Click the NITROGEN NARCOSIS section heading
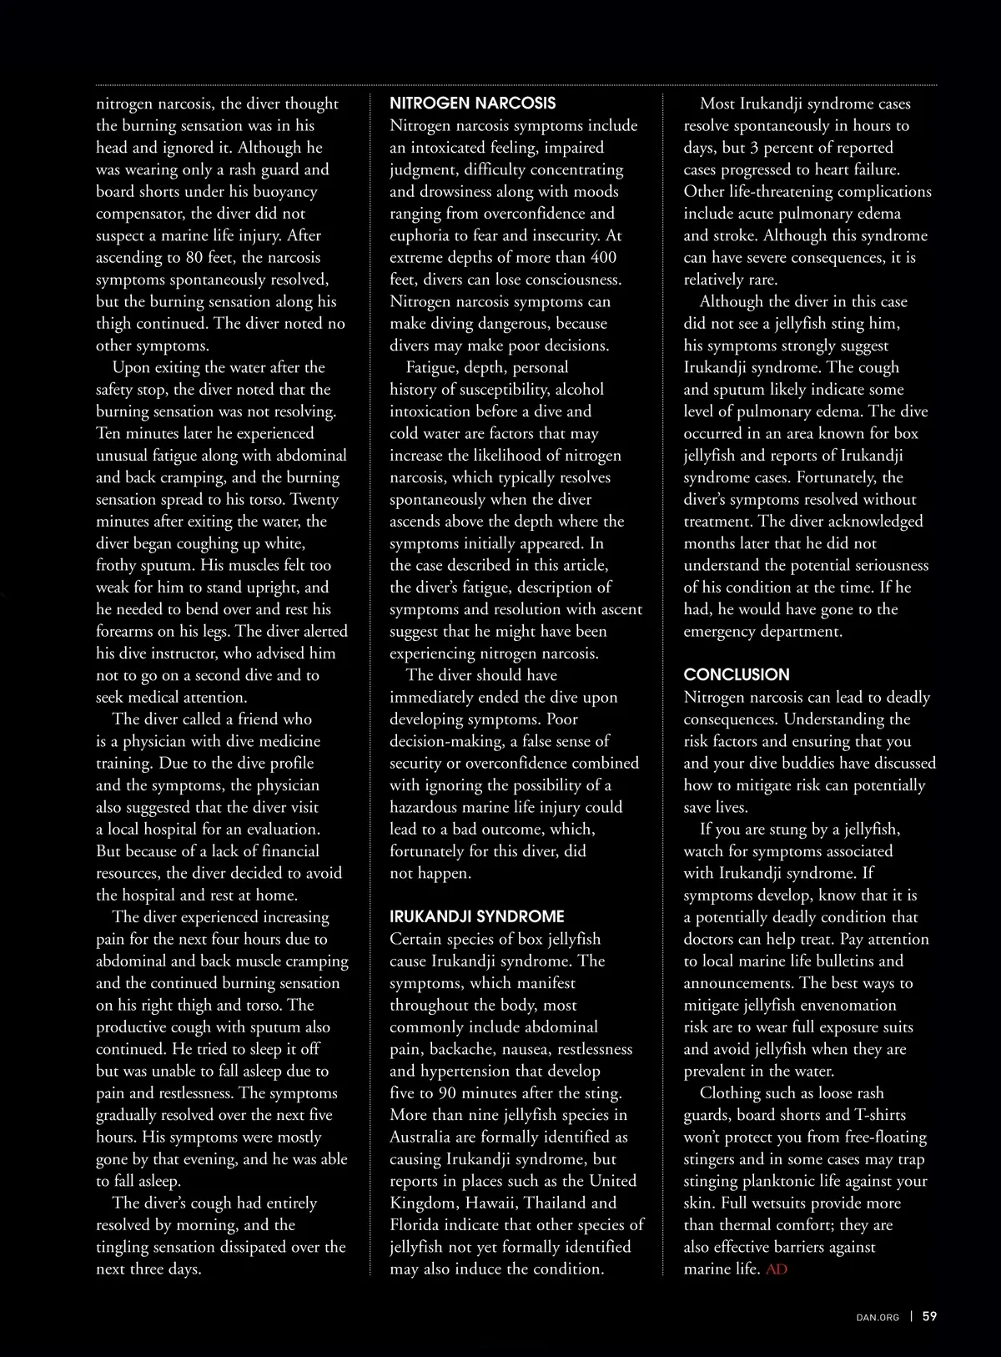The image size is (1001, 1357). (x=472, y=103)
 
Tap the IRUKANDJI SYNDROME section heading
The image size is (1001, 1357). (x=477, y=916)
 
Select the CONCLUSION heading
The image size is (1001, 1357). (x=737, y=674)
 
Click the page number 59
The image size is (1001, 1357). (x=929, y=1316)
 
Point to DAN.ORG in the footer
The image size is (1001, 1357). (x=878, y=1317)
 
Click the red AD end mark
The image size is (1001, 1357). (x=776, y=1269)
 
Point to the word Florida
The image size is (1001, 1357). (x=419, y=1225)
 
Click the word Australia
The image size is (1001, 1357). (x=421, y=1138)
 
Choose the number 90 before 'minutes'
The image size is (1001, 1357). (x=460, y=1093)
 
